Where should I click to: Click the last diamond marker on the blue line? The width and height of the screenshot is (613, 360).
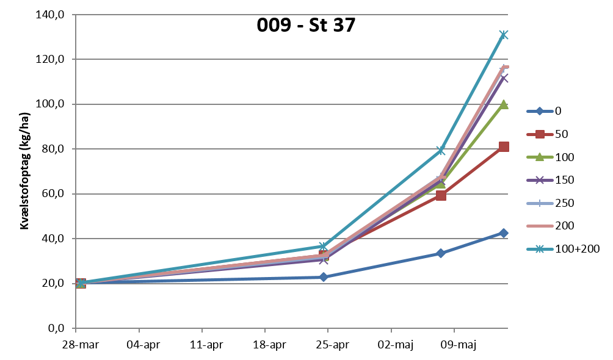(x=504, y=232)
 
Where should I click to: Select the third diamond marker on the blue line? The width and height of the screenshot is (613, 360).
(x=440, y=253)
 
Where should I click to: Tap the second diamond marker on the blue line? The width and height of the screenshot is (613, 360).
(x=324, y=277)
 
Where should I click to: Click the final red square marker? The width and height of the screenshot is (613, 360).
(x=504, y=146)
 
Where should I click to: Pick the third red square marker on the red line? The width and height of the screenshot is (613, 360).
(x=441, y=195)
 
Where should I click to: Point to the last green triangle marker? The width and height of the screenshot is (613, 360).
(x=504, y=104)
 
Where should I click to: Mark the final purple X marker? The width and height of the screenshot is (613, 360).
(x=504, y=78)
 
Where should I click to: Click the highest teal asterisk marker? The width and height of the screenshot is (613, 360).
(x=504, y=35)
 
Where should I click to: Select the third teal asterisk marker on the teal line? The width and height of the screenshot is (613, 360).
(x=441, y=150)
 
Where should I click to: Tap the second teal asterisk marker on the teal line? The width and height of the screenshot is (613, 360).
(x=323, y=246)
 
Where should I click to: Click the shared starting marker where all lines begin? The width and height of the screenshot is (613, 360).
(x=81, y=283)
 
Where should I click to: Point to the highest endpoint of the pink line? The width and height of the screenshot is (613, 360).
(x=505, y=67)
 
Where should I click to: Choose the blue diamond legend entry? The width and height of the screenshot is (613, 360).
(x=540, y=111)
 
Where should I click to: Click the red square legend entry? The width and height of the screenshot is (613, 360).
(x=540, y=134)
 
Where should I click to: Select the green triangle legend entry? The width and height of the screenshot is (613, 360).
(x=540, y=157)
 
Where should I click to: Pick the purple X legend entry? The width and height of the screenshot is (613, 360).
(x=540, y=180)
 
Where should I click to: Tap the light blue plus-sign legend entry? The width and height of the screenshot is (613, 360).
(x=540, y=203)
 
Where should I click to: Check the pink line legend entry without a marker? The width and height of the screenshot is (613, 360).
(x=540, y=226)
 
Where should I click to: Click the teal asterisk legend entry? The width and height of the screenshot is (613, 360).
(x=540, y=249)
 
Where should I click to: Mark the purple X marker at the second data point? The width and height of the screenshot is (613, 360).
(x=324, y=260)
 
